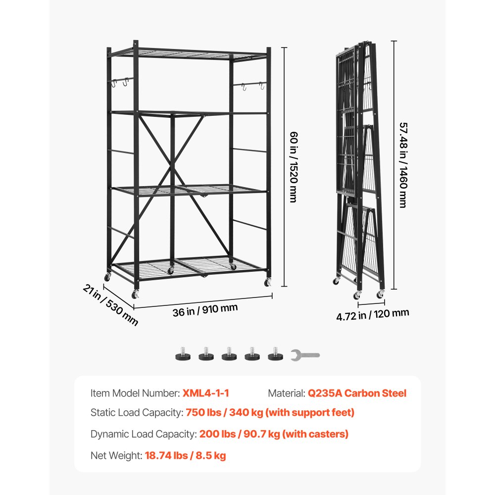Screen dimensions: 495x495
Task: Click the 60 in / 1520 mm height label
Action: (x=293, y=166)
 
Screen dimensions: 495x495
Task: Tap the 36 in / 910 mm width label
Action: (x=205, y=310)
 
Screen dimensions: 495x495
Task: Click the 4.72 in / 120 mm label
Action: (x=373, y=314)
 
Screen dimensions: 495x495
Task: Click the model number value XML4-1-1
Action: (x=206, y=394)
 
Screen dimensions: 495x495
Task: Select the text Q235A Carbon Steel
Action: (x=357, y=394)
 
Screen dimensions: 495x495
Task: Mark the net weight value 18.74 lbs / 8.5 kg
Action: (x=185, y=456)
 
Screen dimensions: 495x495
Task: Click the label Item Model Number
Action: (x=135, y=394)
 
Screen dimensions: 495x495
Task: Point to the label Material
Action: (x=286, y=394)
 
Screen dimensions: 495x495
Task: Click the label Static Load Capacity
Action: (x=136, y=412)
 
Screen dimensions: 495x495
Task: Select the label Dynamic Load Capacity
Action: (x=143, y=434)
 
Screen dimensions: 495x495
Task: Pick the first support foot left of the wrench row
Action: (x=182, y=354)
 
